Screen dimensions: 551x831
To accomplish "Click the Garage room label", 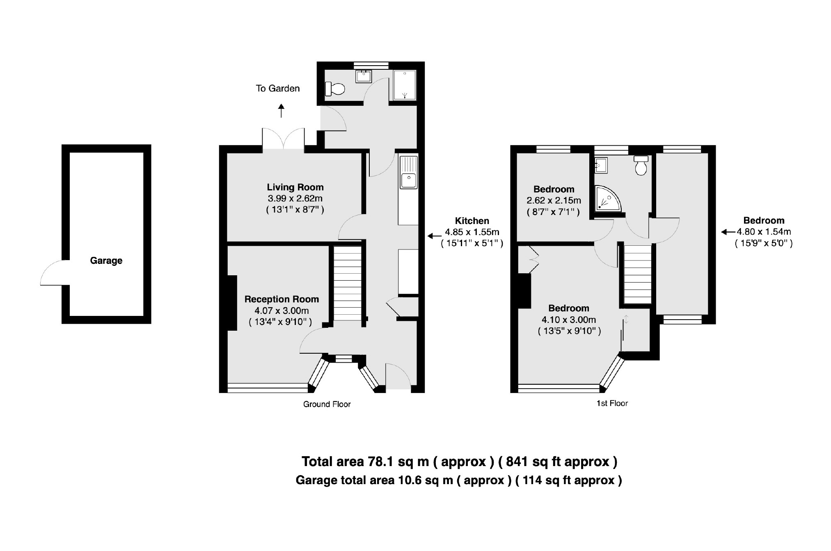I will pyautogui.click(x=106, y=261).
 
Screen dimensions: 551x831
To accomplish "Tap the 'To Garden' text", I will pyautogui.click(x=277, y=89).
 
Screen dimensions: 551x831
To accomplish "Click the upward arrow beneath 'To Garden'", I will pyautogui.click(x=281, y=111).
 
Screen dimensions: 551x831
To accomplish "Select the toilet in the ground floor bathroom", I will pyautogui.click(x=335, y=89).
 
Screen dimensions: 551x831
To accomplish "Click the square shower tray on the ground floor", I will pyautogui.click(x=405, y=85).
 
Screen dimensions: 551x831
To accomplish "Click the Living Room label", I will pyautogui.click(x=295, y=187).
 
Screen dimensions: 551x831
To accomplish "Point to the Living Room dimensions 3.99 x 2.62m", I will pyautogui.click(x=295, y=199).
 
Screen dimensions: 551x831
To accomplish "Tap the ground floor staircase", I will pyautogui.click(x=348, y=283).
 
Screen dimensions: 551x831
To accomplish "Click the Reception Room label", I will pyautogui.click(x=282, y=300).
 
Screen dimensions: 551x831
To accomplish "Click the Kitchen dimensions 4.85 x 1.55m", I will pyautogui.click(x=472, y=232).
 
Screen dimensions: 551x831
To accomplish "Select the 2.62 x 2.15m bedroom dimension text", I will pyautogui.click(x=554, y=201).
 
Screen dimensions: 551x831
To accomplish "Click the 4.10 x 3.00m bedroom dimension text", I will pyautogui.click(x=569, y=320).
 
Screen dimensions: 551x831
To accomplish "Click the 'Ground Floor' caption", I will pyautogui.click(x=327, y=405).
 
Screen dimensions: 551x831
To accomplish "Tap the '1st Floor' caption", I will pyautogui.click(x=612, y=404).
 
